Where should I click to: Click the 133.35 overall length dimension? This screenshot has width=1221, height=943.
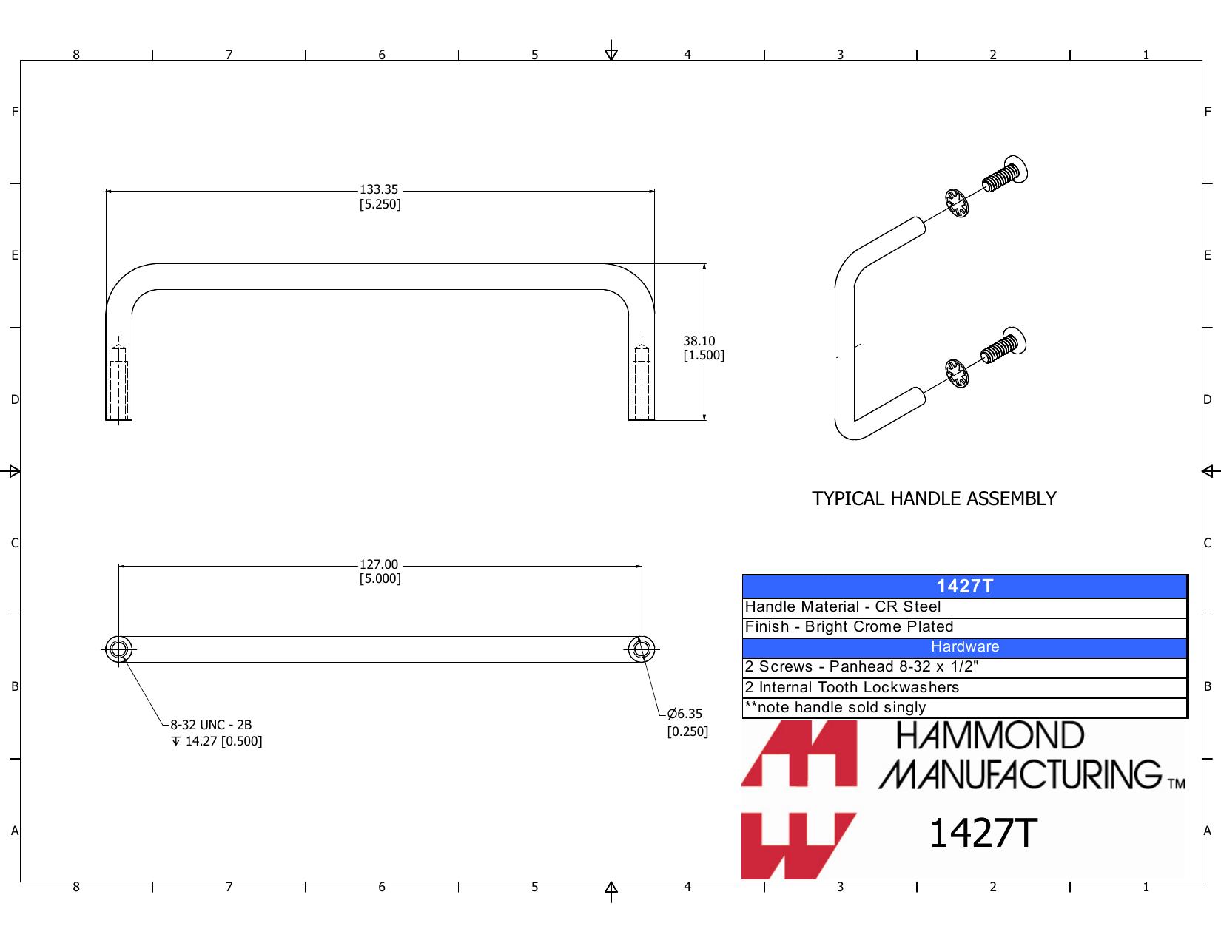(x=380, y=197)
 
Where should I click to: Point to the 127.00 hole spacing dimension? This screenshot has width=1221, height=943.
(x=380, y=571)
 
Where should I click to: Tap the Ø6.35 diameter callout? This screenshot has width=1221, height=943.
(x=687, y=723)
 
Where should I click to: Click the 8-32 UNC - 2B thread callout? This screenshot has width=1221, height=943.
(x=216, y=733)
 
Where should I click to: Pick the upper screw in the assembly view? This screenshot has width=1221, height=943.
(x=1005, y=174)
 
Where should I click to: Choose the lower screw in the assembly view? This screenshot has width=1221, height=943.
(x=1003, y=345)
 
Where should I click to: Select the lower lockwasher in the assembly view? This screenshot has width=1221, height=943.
(x=956, y=374)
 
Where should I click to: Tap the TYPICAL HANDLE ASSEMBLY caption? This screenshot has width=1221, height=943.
(x=934, y=498)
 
